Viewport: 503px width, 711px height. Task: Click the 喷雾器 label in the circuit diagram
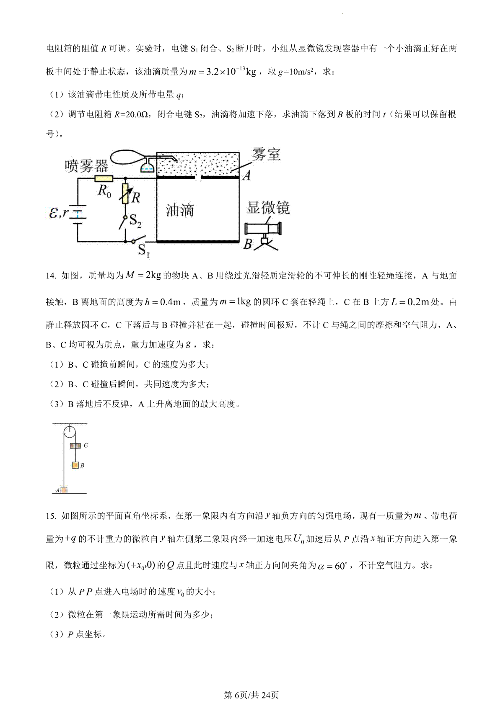tap(86, 166)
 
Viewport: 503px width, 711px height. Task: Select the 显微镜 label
tap(268, 207)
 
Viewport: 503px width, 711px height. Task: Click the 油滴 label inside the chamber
tap(180, 210)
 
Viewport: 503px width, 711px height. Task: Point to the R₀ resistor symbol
tap(104, 179)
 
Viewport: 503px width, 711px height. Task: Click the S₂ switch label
tap(135, 221)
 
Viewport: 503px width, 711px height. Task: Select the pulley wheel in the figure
tap(70, 431)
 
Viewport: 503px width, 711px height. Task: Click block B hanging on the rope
tap(75, 465)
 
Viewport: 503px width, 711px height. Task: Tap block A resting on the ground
tap(64, 490)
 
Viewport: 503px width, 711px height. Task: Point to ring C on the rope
tap(75, 446)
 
